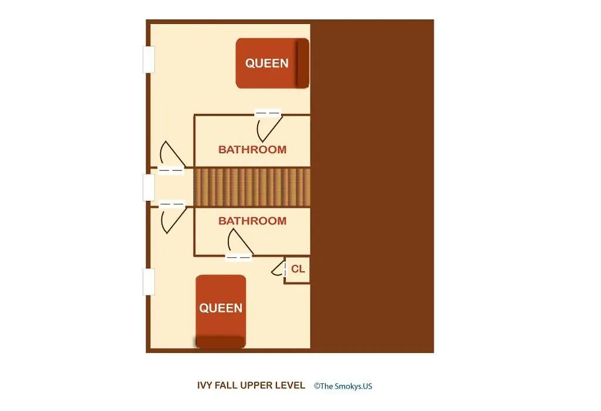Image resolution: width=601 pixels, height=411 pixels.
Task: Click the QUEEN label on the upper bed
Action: (267, 63)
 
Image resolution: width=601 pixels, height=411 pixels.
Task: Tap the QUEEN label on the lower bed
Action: (221, 308)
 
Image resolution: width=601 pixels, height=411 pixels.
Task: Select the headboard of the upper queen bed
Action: (302, 63)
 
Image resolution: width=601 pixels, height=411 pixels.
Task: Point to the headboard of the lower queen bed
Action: (221, 342)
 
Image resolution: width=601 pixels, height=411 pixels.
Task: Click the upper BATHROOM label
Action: (252, 150)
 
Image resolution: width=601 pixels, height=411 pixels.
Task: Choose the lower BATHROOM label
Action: (252, 221)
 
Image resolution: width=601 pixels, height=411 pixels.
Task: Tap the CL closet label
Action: (298, 269)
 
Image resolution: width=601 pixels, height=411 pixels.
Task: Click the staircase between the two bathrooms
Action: (252, 187)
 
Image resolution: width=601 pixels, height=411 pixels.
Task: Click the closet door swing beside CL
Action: (278, 268)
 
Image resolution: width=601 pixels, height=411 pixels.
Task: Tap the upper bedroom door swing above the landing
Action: (172, 154)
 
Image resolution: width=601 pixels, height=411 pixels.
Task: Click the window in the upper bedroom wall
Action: (148, 59)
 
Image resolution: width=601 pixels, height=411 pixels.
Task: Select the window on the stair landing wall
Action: (148, 187)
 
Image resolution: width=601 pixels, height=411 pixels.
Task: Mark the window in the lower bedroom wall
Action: (148, 282)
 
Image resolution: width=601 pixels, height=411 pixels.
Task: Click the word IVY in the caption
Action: (205, 385)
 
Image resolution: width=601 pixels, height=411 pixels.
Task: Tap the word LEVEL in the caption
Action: (292, 385)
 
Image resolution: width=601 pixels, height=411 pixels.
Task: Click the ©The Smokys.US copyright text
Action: (343, 386)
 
